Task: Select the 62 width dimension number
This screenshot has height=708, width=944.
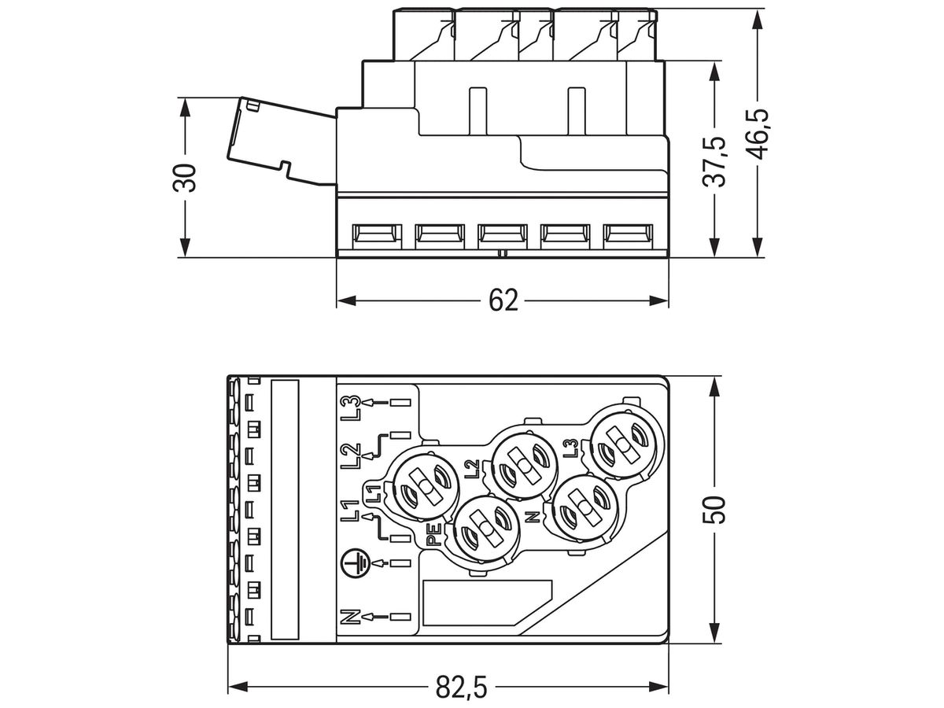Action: pyautogui.click(x=503, y=301)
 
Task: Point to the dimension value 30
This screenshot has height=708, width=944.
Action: pyautogui.click(x=186, y=178)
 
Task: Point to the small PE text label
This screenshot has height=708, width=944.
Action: pyautogui.click(x=432, y=541)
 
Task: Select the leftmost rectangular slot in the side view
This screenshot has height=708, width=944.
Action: pyautogui.click(x=374, y=234)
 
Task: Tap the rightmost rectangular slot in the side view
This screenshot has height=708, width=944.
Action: pyautogui.click(x=628, y=234)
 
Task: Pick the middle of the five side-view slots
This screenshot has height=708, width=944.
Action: pyautogui.click(x=502, y=234)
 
